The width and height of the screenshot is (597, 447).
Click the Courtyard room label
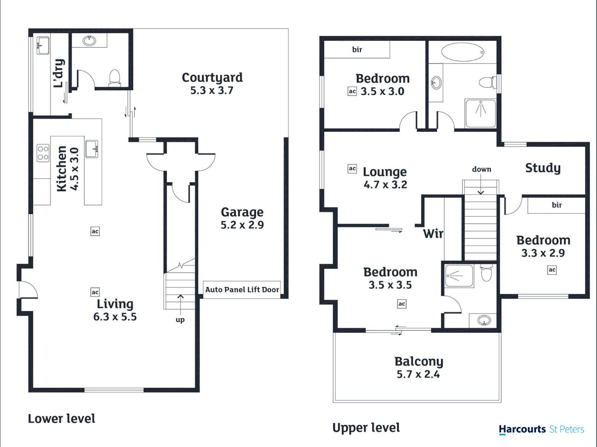click(x=212, y=78)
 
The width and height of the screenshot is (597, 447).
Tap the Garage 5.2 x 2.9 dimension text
click(x=242, y=225)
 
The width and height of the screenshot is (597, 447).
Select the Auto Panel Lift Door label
click(x=242, y=290)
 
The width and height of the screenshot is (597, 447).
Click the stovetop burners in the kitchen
click(x=43, y=153)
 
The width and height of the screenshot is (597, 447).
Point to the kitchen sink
click(x=92, y=149)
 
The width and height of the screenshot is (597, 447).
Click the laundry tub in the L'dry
click(x=43, y=46)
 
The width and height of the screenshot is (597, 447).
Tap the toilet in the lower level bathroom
click(x=115, y=78)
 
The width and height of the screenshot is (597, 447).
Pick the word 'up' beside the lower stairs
click(x=180, y=319)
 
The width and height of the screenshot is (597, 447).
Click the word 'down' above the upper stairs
click(x=481, y=169)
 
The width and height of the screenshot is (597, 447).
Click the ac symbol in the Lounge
click(x=352, y=168)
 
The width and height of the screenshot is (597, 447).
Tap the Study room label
click(x=543, y=168)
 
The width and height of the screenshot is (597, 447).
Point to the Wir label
click(x=433, y=234)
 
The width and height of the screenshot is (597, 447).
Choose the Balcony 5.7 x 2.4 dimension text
click(x=418, y=374)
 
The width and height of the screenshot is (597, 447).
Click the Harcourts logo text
click(x=522, y=430)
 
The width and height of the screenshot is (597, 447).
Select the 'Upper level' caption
click(x=366, y=428)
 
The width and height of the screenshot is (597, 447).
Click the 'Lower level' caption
click(x=62, y=419)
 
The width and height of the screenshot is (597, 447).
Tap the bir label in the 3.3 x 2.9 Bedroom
click(x=557, y=205)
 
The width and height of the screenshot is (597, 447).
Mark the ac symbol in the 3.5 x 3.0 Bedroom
click(x=352, y=91)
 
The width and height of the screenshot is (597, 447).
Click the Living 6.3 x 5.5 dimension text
click(x=115, y=317)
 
